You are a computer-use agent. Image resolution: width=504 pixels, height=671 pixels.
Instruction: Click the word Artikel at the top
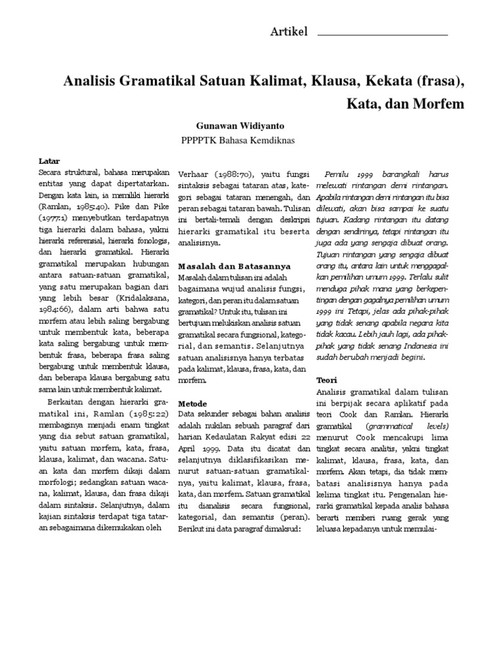point(289,32)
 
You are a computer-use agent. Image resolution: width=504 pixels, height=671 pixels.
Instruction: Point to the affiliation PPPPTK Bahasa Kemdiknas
point(238,140)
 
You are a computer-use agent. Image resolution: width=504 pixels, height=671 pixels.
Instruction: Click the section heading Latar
point(49,161)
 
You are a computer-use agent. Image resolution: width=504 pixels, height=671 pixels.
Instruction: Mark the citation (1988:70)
point(236,175)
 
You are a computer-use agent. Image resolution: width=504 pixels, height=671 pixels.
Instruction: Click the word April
point(189,431)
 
